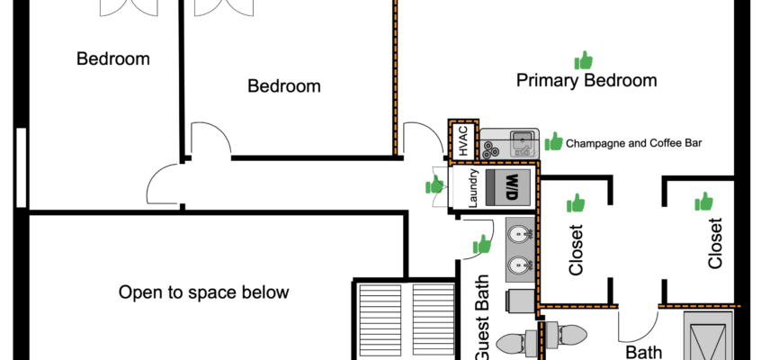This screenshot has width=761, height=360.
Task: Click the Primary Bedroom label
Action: (x=586, y=81)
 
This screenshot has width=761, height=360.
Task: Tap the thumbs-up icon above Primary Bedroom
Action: (x=584, y=60)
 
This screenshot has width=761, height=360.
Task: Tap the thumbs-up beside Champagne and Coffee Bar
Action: (x=554, y=142)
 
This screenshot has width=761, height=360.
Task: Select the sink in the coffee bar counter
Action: (x=520, y=139)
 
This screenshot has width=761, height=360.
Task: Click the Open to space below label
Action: (x=204, y=292)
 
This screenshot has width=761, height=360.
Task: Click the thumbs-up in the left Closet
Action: (x=576, y=202)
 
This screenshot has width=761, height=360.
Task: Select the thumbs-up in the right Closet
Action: (x=703, y=202)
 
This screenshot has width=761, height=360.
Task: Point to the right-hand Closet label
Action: (x=715, y=244)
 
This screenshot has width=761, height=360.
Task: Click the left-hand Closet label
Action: (x=577, y=249)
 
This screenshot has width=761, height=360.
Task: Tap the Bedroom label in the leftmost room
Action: (x=112, y=59)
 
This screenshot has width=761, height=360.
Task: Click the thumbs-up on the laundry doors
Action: (x=436, y=185)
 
